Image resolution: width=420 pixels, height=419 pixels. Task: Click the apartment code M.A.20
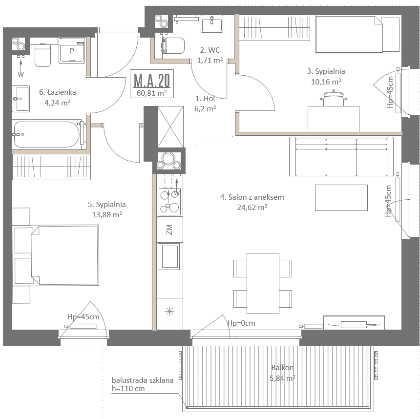click(x=151, y=80)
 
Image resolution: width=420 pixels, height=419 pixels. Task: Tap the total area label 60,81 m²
click(x=151, y=93)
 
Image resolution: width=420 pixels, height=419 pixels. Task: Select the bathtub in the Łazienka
click(x=47, y=134)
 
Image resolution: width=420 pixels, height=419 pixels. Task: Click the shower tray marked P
click(x=72, y=51)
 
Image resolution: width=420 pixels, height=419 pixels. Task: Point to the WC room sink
click(x=212, y=23)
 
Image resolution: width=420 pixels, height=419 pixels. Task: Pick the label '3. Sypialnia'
click(x=326, y=71)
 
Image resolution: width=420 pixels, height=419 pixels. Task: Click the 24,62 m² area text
click(x=252, y=208)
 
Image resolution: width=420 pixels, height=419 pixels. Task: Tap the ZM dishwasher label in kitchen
click(x=169, y=230)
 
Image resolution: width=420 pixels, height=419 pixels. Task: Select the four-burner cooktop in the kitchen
click(x=169, y=202)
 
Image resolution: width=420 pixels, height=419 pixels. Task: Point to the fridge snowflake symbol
click(x=169, y=311)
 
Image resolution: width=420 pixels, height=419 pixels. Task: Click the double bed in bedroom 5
click(x=65, y=254)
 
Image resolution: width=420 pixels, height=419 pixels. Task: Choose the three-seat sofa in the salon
click(x=341, y=156)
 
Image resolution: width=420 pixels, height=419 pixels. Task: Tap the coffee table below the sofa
click(x=341, y=198)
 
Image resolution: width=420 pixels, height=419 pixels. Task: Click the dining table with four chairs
click(x=263, y=283)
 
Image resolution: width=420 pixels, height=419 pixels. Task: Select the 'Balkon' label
click(x=282, y=367)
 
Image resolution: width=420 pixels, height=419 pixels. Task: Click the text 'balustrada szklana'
click(x=143, y=380)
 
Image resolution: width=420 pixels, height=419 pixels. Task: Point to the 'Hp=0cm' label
click(x=241, y=323)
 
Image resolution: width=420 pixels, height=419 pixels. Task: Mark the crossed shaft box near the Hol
click(x=170, y=126)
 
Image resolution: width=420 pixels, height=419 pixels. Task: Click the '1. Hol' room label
click(x=205, y=99)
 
